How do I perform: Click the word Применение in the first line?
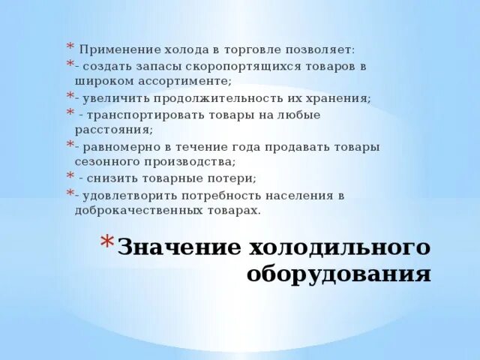[112, 50]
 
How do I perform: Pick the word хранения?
[341, 97]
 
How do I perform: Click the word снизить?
[111, 178]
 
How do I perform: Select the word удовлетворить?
[122, 196]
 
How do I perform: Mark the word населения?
[304, 196]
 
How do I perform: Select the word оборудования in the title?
[339, 274]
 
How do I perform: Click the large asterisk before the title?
[106, 244]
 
